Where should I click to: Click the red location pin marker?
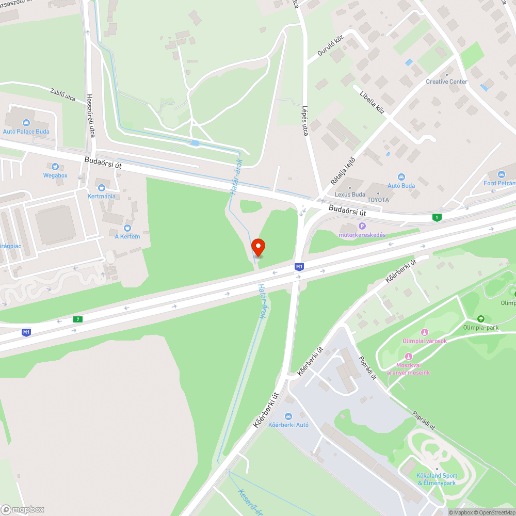click(x=257, y=247)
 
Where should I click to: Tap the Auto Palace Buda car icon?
click(x=26, y=123)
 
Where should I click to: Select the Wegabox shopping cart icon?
click(x=55, y=167)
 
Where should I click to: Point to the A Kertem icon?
click(x=127, y=228)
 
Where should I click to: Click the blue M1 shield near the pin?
click(x=299, y=266)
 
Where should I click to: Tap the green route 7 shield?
click(x=78, y=319)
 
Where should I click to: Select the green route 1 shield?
click(x=438, y=217)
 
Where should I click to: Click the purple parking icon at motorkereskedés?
click(x=362, y=226)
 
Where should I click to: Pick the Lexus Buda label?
click(x=349, y=195)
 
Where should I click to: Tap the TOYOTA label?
click(x=378, y=200)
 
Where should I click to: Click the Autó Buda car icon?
click(x=401, y=177)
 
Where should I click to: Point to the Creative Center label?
click(x=446, y=82)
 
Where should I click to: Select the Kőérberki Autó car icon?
click(x=288, y=416)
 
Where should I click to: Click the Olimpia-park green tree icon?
click(x=481, y=319)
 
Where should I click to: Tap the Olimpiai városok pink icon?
click(x=425, y=332)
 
